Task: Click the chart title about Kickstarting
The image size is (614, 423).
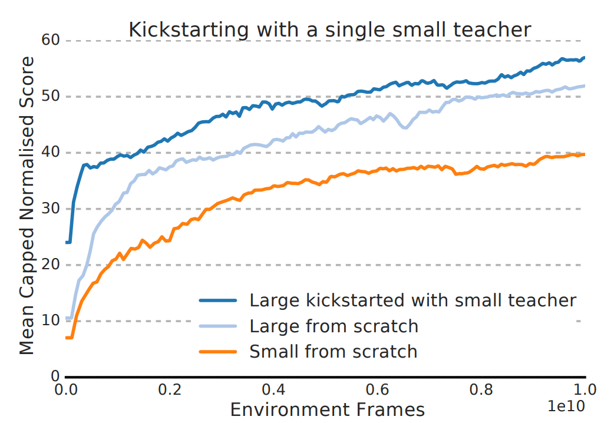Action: coord(330,29)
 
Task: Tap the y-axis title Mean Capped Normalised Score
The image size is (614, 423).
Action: coord(27,206)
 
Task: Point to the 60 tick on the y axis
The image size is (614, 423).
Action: coord(51,41)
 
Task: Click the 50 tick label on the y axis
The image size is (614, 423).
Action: coord(51,97)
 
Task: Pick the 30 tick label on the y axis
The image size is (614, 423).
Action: coord(51,209)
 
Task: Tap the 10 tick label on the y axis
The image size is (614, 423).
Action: coord(51,320)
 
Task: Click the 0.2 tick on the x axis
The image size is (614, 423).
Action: coord(169,389)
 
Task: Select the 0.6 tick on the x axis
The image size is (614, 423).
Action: coord(377,389)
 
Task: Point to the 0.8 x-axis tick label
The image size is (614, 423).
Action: coord(481,389)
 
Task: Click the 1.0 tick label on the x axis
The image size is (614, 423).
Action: coord(585,389)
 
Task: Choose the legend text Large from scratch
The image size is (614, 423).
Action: coord(334,326)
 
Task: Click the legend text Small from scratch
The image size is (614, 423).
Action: coord(334,352)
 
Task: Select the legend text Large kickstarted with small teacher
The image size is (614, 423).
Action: coord(412,300)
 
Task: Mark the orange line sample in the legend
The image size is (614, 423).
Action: coord(218,352)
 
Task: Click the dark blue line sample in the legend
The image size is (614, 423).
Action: coord(218,300)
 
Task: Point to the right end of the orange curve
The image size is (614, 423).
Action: coord(584,154)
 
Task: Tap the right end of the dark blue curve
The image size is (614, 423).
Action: coord(584,58)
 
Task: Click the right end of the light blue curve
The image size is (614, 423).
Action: coord(584,86)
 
